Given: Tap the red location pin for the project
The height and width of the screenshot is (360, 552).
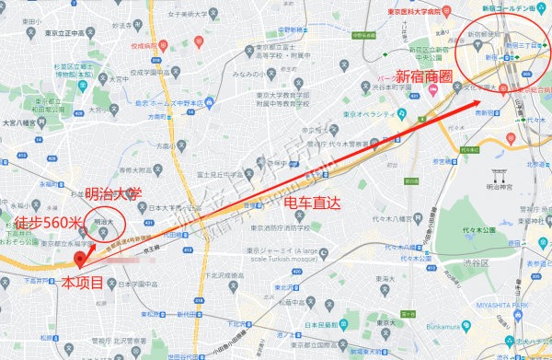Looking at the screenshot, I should point(79,259).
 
